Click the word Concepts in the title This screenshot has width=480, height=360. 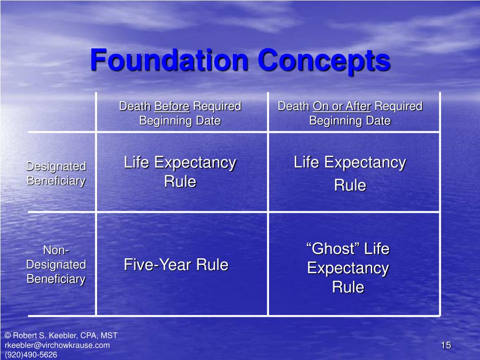324,60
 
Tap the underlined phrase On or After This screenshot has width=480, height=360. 342,106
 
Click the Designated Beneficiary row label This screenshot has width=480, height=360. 56,173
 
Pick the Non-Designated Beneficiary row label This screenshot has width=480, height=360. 56,265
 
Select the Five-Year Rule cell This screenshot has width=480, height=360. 176,265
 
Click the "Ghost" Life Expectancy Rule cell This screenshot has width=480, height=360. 348,268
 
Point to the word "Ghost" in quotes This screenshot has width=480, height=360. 333,249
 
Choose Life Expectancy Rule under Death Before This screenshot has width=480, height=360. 180,172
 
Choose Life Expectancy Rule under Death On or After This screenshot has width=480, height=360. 350,173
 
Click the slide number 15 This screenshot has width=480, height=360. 446,345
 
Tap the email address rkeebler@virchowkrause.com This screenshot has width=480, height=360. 57,345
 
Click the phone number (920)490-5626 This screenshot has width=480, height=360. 31,355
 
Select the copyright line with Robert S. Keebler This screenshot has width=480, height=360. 61,336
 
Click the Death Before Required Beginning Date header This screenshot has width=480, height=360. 180,113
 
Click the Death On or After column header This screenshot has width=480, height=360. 350,113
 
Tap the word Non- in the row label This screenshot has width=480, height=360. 56,250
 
